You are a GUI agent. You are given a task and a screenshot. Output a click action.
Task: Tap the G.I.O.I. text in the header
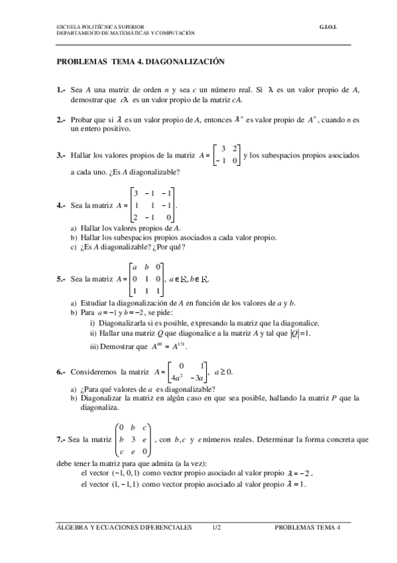[x=329, y=27]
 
